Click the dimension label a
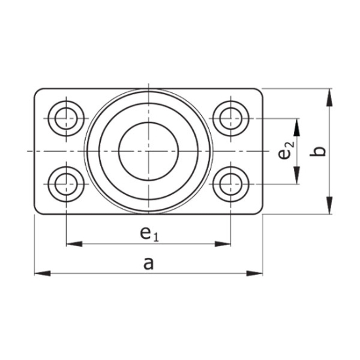(x=148, y=263)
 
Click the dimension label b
(x=318, y=151)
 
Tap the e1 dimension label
(x=149, y=232)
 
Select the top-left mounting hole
(x=66, y=118)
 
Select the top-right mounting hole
(x=230, y=118)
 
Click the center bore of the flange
(x=148, y=151)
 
